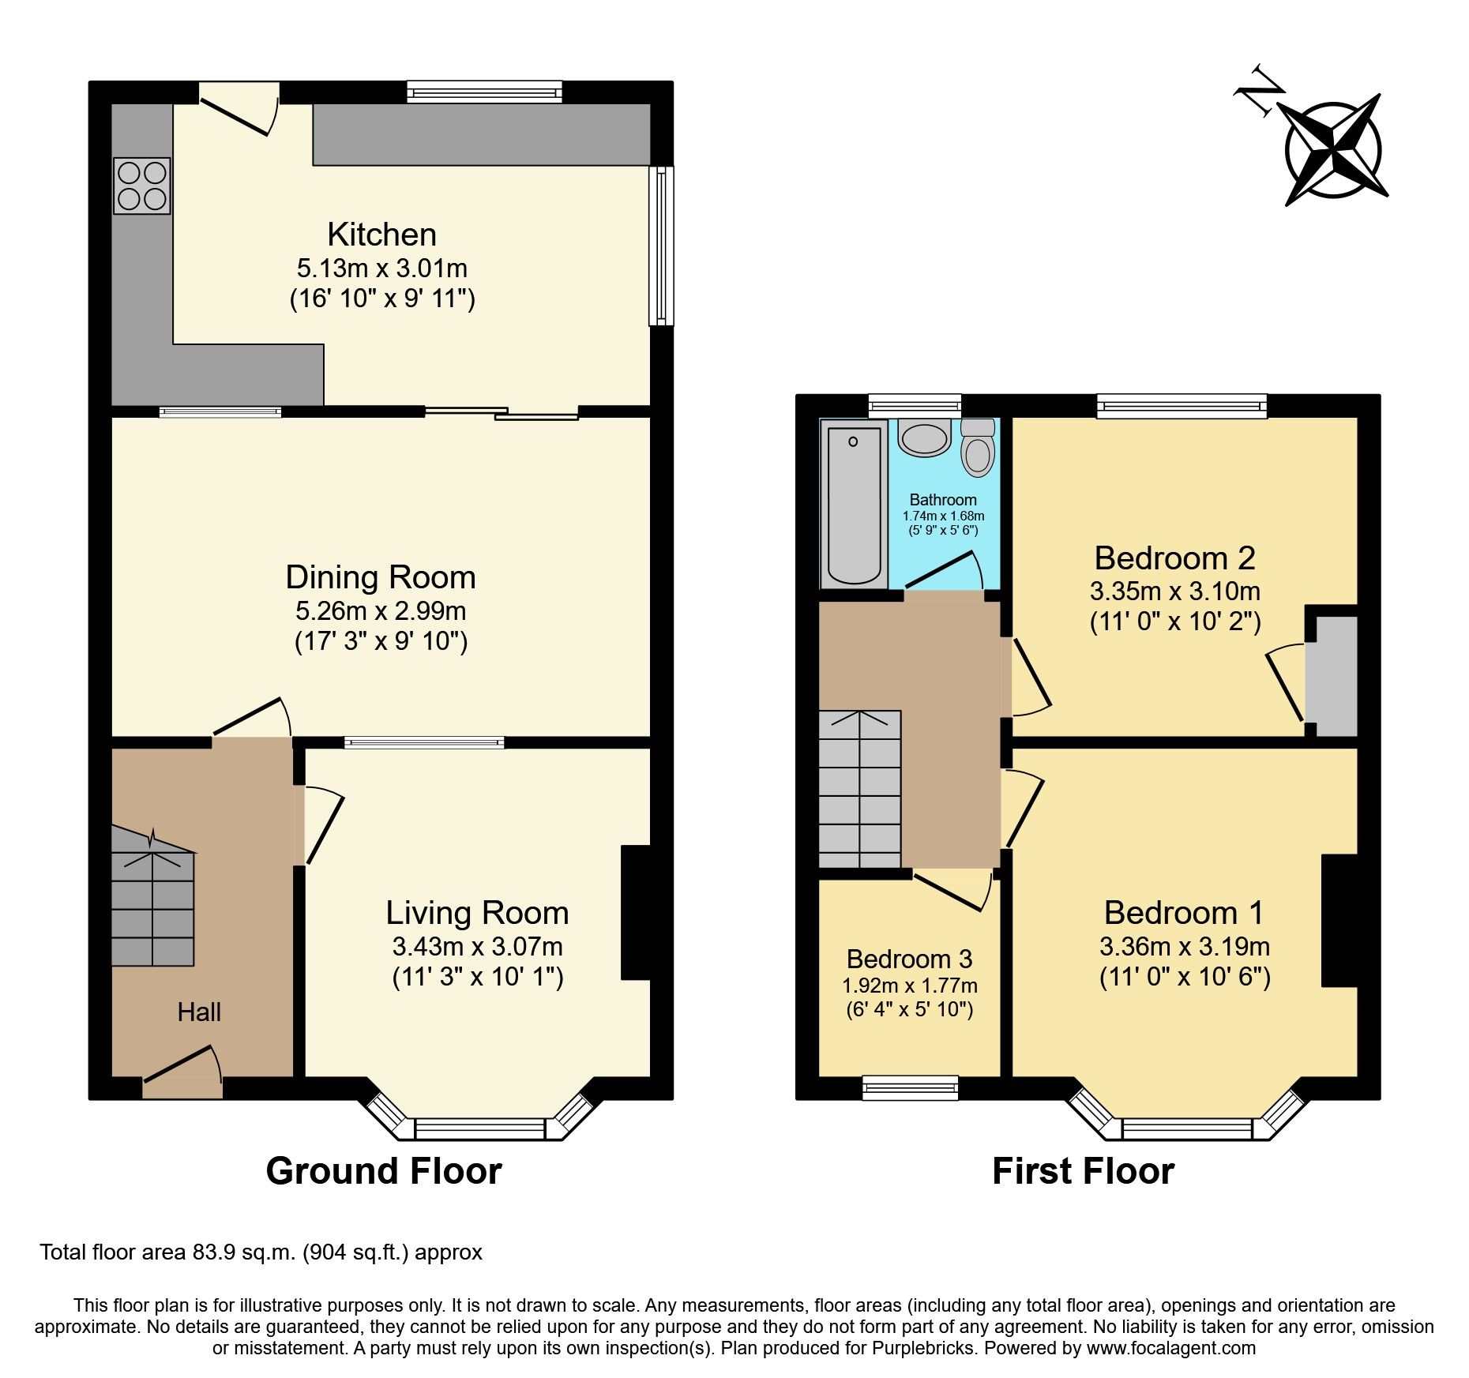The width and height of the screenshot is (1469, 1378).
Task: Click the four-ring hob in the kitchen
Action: click(142, 186)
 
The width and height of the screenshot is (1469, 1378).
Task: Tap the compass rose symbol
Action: click(1334, 149)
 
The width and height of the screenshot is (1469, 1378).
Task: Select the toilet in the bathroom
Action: click(978, 450)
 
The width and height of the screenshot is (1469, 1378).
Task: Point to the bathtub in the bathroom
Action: click(854, 504)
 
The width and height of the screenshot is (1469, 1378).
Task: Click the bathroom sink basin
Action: click(924, 437)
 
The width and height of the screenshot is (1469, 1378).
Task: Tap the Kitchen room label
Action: click(381, 235)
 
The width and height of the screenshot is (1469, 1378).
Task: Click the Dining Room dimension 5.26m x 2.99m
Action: click(381, 610)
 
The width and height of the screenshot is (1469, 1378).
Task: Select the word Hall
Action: click(199, 1012)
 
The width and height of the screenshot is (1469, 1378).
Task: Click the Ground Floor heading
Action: click(384, 1170)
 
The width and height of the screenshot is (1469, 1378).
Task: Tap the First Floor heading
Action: click(1083, 1170)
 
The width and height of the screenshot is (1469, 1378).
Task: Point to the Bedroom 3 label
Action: click(909, 959)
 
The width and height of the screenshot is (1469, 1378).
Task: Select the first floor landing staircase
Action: click(860, 790)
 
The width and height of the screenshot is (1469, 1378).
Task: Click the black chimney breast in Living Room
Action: click(637, 913)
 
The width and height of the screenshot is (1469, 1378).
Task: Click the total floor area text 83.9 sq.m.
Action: click(261, 1252)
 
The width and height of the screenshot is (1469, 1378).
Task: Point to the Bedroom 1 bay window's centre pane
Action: click(1187, 1129)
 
